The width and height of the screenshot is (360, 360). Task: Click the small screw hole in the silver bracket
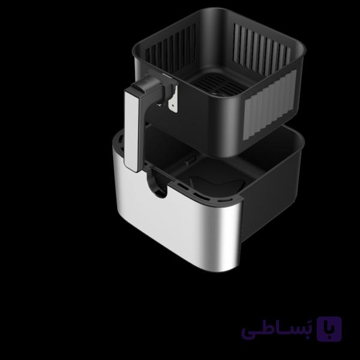(x=173, y=106)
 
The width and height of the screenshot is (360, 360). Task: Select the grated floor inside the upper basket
(x=218, y=85)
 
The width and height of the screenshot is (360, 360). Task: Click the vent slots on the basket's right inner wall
(x=262, y=46)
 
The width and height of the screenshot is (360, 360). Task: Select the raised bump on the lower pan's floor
(x=216, y=184)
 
